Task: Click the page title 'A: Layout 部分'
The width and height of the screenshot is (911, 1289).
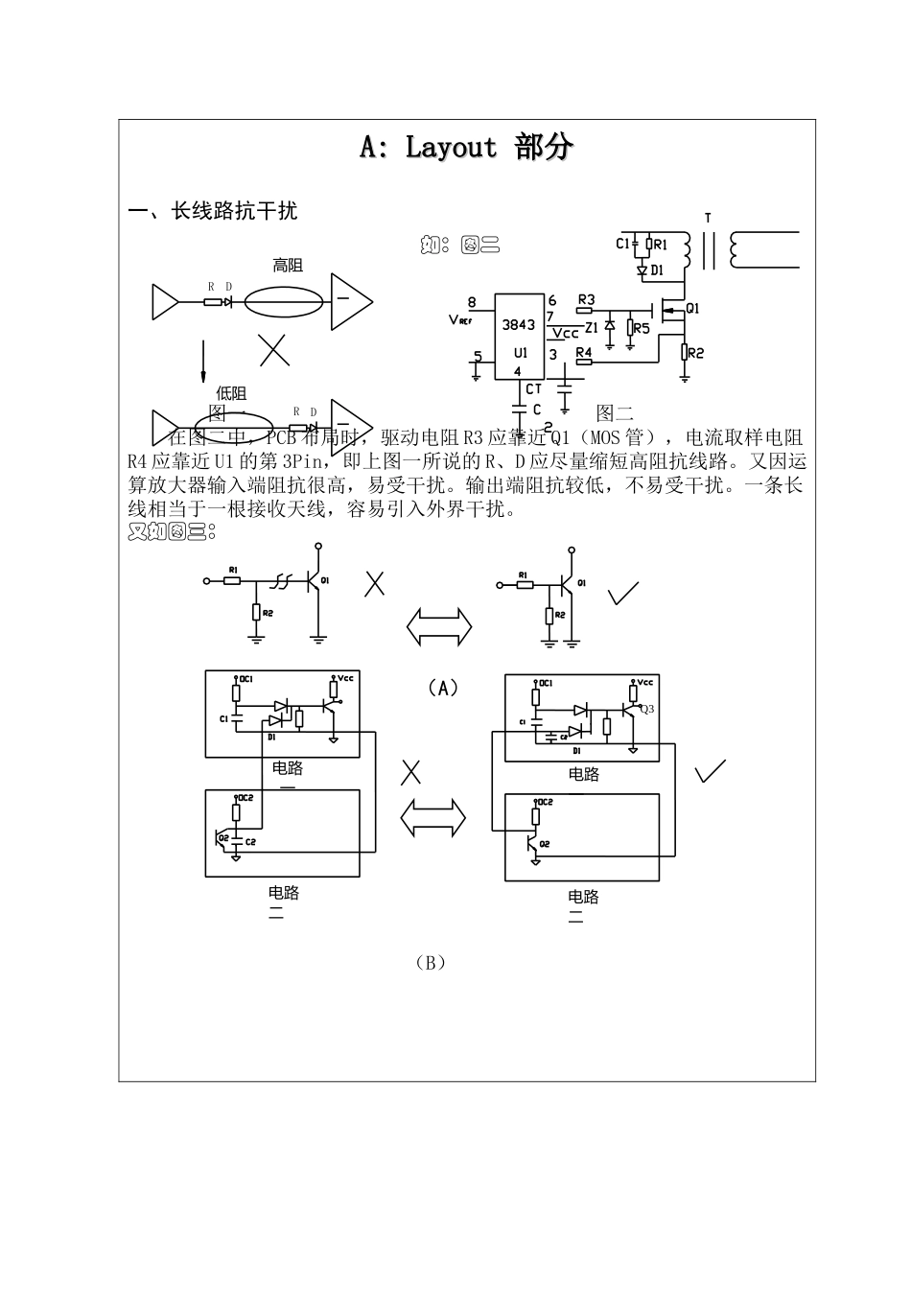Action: coord(466,147)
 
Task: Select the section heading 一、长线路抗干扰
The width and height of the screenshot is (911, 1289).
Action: coord(213,211)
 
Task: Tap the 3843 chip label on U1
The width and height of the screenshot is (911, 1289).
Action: coord(519,324)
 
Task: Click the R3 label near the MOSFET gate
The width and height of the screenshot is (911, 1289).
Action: coord(585,300)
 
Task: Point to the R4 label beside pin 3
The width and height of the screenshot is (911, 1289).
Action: coord(583,353)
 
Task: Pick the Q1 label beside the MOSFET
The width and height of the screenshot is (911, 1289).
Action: coord(692,309)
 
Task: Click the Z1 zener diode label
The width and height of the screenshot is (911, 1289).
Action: coord(591,327)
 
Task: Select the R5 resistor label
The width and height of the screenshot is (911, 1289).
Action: coord(641,328)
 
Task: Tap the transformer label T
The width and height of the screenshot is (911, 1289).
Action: coord(708,219)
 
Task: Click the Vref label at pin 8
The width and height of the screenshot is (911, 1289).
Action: coord(460,319)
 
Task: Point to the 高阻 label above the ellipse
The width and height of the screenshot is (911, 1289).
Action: coord(288,266)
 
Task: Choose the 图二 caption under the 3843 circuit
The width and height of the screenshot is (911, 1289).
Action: coord(615,413)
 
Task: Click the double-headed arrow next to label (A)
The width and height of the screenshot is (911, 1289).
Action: coord(439,626)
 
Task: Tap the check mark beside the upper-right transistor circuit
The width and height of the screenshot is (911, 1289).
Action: coord(623,594)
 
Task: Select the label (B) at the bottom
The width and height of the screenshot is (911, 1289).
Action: coord(431,962)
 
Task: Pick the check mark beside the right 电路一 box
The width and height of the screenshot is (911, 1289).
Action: coord(710,770)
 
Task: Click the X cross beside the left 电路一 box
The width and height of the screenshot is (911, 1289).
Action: coord(411,771)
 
